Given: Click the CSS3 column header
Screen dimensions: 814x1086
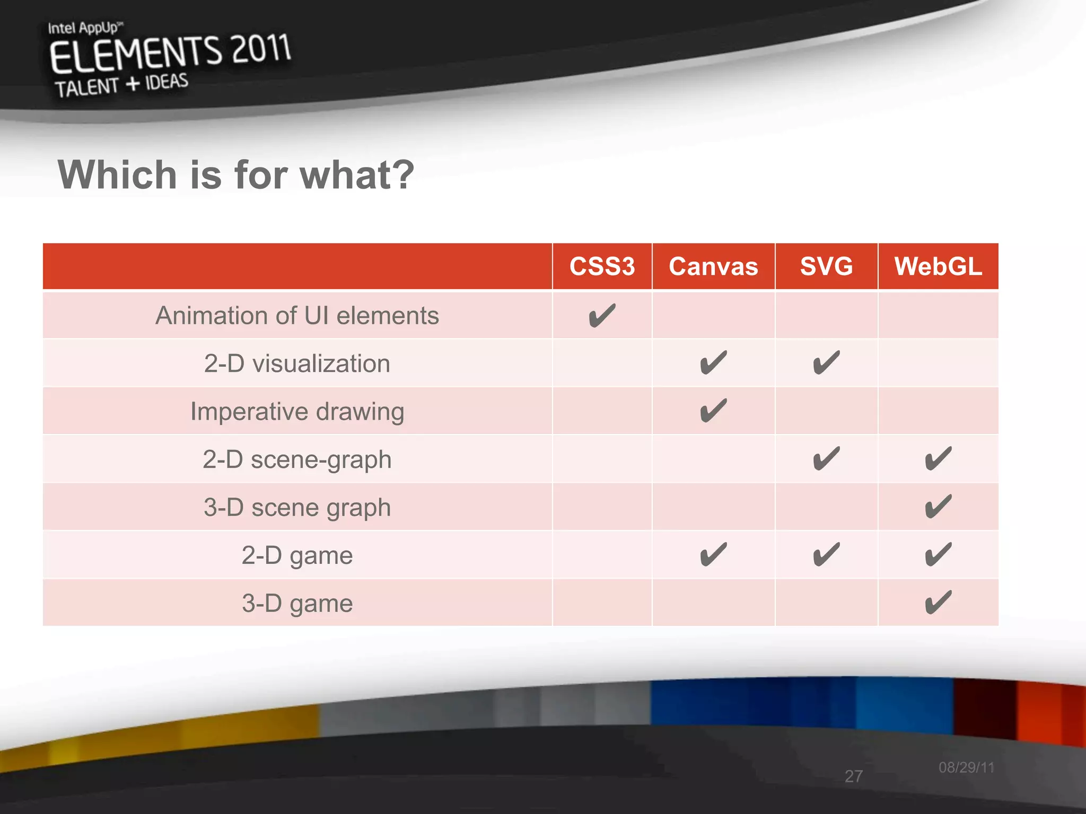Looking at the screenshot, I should [x=602, y=266].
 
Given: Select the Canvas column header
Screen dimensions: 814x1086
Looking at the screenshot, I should [x=713, y=266].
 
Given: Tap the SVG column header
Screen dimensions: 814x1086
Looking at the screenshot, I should [x=826, y=266].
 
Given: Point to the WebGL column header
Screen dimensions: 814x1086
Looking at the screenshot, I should [x=938, y=266].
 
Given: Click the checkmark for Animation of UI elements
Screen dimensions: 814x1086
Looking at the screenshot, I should [x=602, y=316].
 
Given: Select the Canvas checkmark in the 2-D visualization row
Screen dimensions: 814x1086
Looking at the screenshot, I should [x=713, y=364].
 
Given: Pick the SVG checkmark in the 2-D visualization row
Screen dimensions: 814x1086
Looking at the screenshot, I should [x=826, y=364].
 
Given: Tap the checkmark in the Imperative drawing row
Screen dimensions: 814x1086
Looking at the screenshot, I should [x=713, y=411].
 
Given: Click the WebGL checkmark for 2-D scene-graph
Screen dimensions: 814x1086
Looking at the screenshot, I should [x=938, y=459].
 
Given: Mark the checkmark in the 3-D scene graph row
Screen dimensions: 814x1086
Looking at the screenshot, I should [x=938, y=507].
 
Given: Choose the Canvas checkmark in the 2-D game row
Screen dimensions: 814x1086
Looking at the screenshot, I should [x=713, y=555].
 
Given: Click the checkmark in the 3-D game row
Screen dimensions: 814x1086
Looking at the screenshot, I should [x=938, y=603].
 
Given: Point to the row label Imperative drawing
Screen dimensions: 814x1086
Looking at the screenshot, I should [x=297, y=412].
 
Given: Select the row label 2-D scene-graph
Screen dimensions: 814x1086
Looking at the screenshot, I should [x=297, y=459].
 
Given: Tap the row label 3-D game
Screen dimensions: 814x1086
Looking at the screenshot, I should [x=297, y=603].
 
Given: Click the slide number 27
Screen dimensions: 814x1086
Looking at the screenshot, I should [x=854, y=776].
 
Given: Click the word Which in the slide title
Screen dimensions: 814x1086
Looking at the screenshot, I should [x=117, y=175].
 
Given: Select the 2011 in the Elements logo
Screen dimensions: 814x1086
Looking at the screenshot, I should [x=261, y=49].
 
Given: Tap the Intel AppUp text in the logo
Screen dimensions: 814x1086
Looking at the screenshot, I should [x=85, y=28].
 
